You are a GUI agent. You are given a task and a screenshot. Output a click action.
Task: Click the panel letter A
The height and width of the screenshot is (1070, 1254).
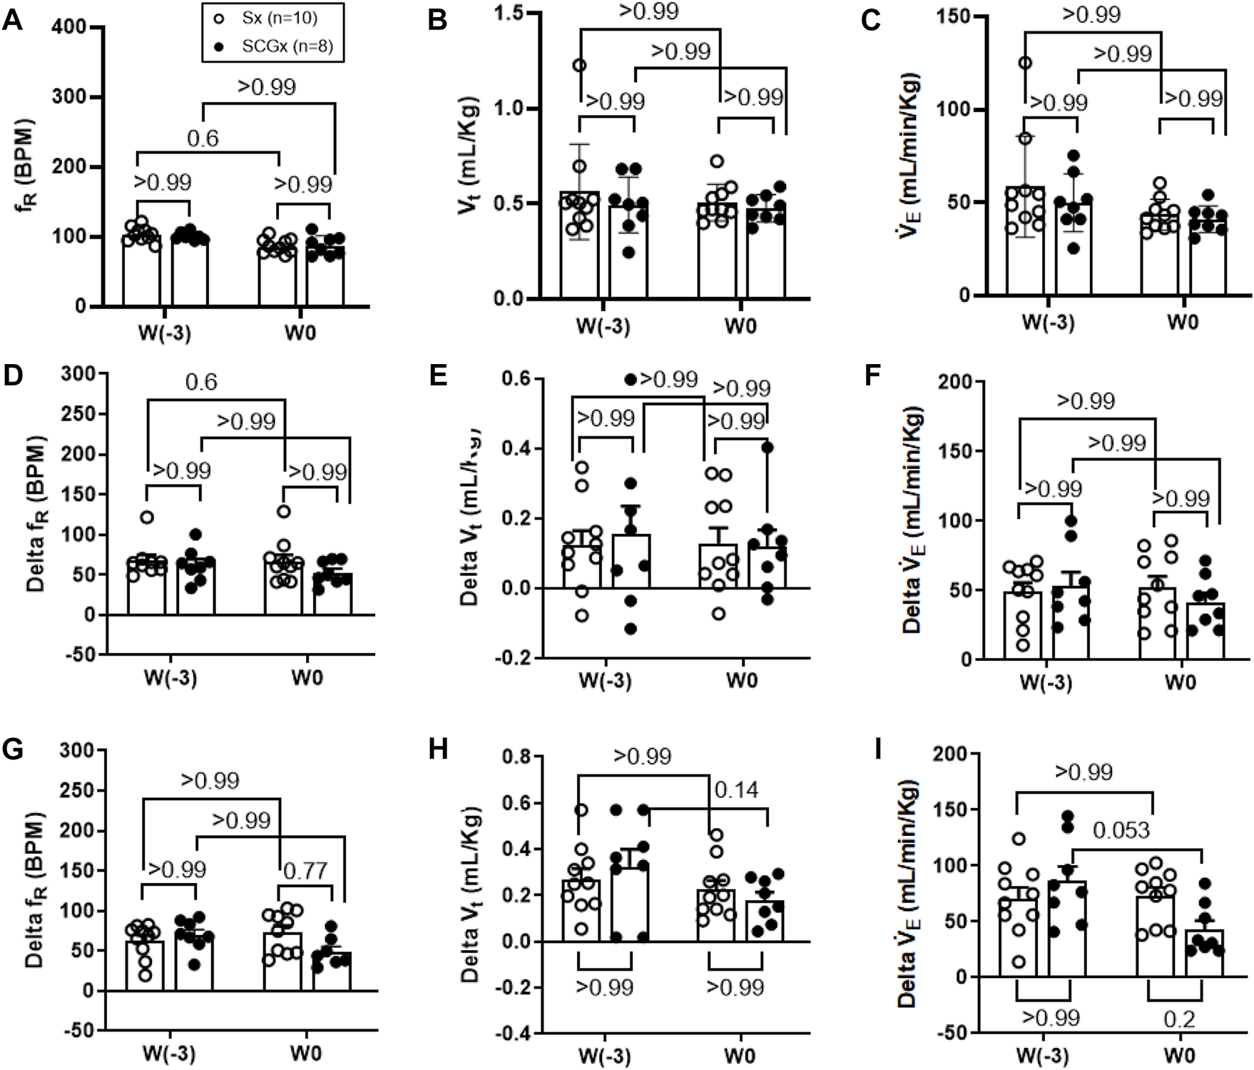click(x=13, y=20)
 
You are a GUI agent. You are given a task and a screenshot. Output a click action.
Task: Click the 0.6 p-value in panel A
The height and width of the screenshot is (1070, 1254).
click(x=203, y=138)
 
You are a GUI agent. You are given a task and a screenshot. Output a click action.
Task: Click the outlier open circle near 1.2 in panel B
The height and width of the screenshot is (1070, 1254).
click(x=579, y=66)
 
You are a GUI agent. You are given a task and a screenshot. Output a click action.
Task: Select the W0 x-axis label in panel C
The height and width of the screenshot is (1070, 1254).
click(x=1182, y=322)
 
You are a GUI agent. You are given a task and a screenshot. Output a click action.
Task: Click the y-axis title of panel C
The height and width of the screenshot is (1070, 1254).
click(x=912, y=157)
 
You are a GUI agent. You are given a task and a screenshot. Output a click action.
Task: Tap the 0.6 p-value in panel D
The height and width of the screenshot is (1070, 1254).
click(x=201, y=382)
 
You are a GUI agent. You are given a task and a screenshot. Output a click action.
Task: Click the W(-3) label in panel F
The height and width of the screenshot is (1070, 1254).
click(x=1046, y=682)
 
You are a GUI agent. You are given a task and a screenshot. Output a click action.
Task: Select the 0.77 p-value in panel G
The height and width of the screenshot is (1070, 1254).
click(x=305, y=870)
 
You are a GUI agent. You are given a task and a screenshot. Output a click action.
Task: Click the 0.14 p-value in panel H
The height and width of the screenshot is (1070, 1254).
click(x=736, y=789)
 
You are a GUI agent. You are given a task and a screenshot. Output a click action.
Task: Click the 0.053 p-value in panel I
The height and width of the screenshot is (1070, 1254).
click(x=1122, y=830)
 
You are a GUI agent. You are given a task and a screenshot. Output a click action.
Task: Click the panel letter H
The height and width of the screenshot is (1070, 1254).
click(x=437, y=750)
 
